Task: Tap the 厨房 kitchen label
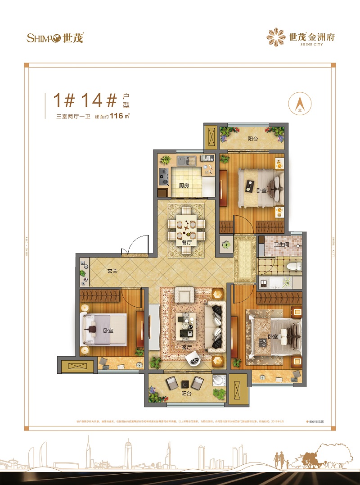(184, 185)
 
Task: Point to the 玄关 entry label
(113, 271)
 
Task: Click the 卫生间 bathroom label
(282, 245)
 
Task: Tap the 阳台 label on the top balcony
(253, 139)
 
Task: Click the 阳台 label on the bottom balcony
(187, 394)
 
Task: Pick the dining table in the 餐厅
(186, 224)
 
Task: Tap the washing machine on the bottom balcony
(218, 380)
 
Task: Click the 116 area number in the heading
(117, 116)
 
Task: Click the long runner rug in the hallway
(245, 259)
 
